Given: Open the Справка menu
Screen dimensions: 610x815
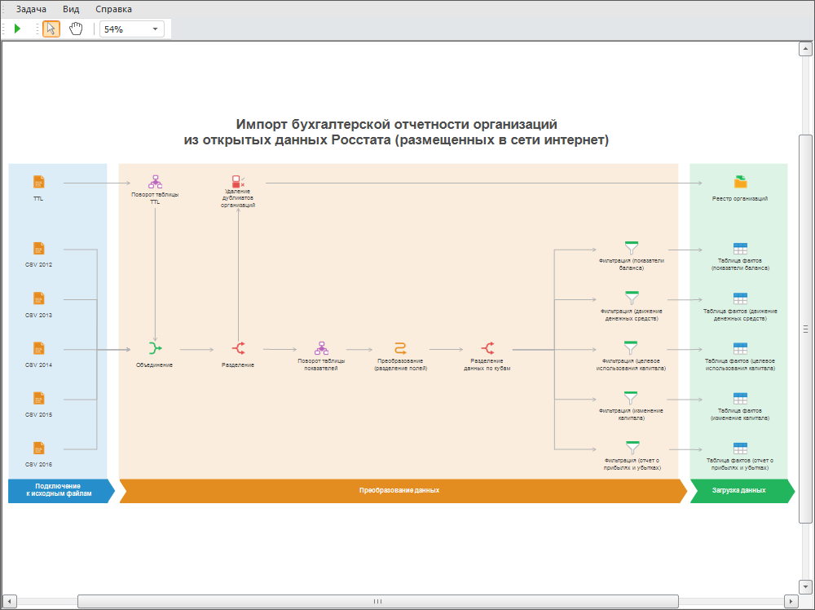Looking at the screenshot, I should point(113,9).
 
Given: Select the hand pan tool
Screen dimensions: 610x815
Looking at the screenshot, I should point(76,29).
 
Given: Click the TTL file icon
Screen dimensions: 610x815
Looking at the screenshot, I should point(38,182).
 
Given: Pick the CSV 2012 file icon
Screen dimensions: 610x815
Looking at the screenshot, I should point(38,249).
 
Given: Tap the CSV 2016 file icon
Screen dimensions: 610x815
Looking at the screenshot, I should point(38,449).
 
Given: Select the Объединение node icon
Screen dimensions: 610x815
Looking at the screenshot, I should point(155,349).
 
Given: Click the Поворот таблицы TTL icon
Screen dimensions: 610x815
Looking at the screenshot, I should point(155,182).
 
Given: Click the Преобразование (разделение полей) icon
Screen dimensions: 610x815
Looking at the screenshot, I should point(400,348).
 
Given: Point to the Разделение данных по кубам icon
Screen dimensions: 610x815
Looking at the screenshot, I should point(487,348).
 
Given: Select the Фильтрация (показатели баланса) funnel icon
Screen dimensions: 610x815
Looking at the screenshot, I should point(631,248).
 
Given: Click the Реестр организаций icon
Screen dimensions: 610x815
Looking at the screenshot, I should point(740,182).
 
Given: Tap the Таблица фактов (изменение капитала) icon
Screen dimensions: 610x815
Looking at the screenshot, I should point(740,399).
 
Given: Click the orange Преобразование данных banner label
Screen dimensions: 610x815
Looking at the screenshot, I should point(399,491).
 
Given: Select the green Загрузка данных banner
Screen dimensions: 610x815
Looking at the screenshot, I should point(739,491).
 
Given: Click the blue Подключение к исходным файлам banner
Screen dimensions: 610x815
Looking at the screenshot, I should point(58,491).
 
